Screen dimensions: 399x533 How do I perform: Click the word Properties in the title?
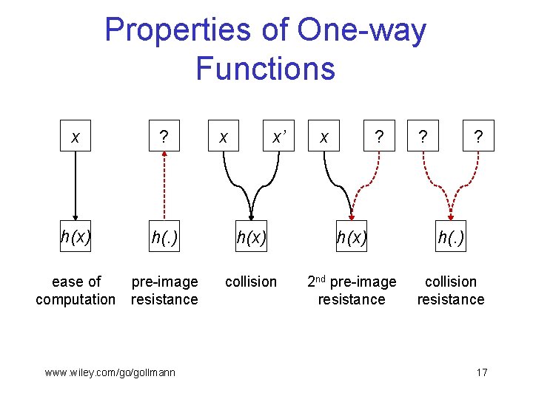tap(195, 31)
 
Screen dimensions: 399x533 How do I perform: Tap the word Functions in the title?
tap(265, 69)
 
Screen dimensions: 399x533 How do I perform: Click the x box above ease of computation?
tap(75, 137)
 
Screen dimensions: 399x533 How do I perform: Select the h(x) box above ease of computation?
tap(75, 237)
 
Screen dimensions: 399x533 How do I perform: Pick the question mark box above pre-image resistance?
tap(164, 137)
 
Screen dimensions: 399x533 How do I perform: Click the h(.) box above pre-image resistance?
tap(164, 237)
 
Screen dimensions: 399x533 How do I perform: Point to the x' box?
tap(279, 137)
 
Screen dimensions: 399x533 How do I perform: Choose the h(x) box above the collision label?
tap(251, 237)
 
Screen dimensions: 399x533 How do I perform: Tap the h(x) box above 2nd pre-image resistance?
tap(352, 237)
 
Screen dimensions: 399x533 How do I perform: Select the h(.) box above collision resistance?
tap(451, 237)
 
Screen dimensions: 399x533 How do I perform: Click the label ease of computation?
tap(76, 290)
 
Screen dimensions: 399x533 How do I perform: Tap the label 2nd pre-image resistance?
tap(352, 290)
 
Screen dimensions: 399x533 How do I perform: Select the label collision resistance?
tap(451, 290)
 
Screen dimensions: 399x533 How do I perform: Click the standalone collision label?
tap(251, 282)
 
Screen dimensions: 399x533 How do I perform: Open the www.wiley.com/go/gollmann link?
tap(110, 372)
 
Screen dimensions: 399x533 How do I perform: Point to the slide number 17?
tap(481, 372)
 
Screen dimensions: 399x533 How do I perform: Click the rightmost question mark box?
tap(479, 137)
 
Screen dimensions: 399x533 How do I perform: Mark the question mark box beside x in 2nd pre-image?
tap(379, 137)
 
